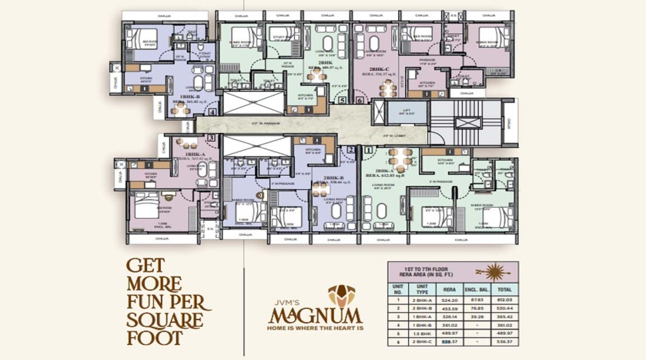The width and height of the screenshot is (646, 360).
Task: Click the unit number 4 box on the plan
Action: tap(213, 112)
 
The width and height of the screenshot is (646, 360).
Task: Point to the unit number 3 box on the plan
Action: tap(211, 138)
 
